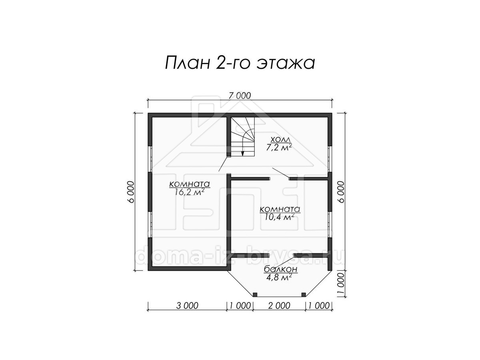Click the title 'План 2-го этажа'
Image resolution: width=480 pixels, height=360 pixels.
click(240, 63)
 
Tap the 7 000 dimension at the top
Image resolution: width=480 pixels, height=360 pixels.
click(240, 96)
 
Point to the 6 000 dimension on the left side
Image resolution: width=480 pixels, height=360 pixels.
click(131, 192)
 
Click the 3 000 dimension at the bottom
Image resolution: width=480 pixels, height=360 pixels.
click(187, 306)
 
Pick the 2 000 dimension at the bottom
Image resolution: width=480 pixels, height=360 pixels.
click(279, 306)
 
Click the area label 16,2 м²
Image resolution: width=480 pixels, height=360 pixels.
click(190, 192)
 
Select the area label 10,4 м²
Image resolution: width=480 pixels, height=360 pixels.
click(279, 217)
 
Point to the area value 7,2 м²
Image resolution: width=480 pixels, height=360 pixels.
click(279, 148)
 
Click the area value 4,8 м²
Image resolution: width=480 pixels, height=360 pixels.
click(279, 277)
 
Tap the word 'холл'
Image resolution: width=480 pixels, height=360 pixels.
click(280, 139)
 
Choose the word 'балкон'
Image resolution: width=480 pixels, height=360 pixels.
click(281, 269)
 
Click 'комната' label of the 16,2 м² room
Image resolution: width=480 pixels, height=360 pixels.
click(190, 184)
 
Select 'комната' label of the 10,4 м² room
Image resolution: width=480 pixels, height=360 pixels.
click(280, 209)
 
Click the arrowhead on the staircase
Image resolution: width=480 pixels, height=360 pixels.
click(242, 153)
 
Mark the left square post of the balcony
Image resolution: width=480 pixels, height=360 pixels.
click(255, 295)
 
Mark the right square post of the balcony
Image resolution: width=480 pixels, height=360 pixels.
click(303, 295)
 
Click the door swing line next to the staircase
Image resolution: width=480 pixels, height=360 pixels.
click(223, 164)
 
